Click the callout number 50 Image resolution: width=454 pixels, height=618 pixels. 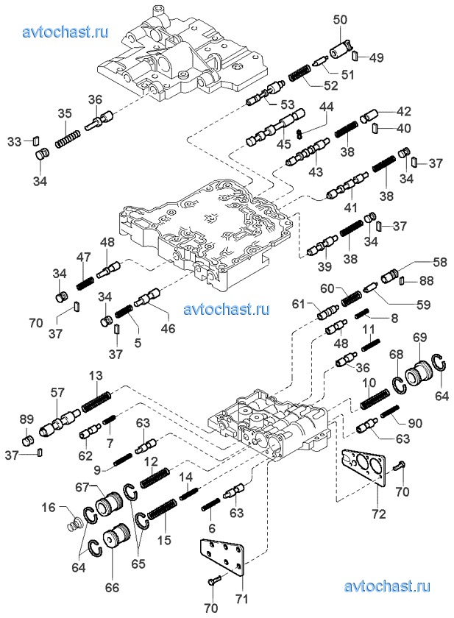(339, 20)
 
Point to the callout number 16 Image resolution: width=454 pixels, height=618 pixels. (49, 508)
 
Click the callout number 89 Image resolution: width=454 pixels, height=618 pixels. (26, 419)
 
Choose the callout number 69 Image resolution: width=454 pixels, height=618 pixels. (419, 337)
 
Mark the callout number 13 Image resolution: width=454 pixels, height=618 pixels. (96, 376)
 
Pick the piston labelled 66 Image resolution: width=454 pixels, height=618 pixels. (113, 540)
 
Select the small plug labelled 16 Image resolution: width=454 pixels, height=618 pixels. (72, 524)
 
